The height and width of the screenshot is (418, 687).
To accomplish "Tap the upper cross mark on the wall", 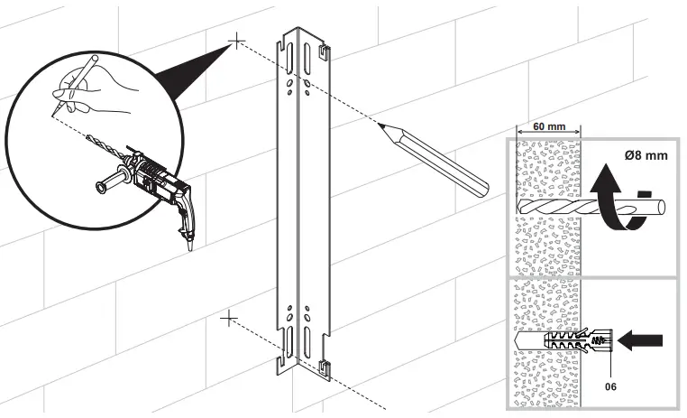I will coord(236,41).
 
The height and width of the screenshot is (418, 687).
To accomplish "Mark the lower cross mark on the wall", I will coord(229,318).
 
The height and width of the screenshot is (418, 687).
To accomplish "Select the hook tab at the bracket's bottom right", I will coord(324,367).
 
